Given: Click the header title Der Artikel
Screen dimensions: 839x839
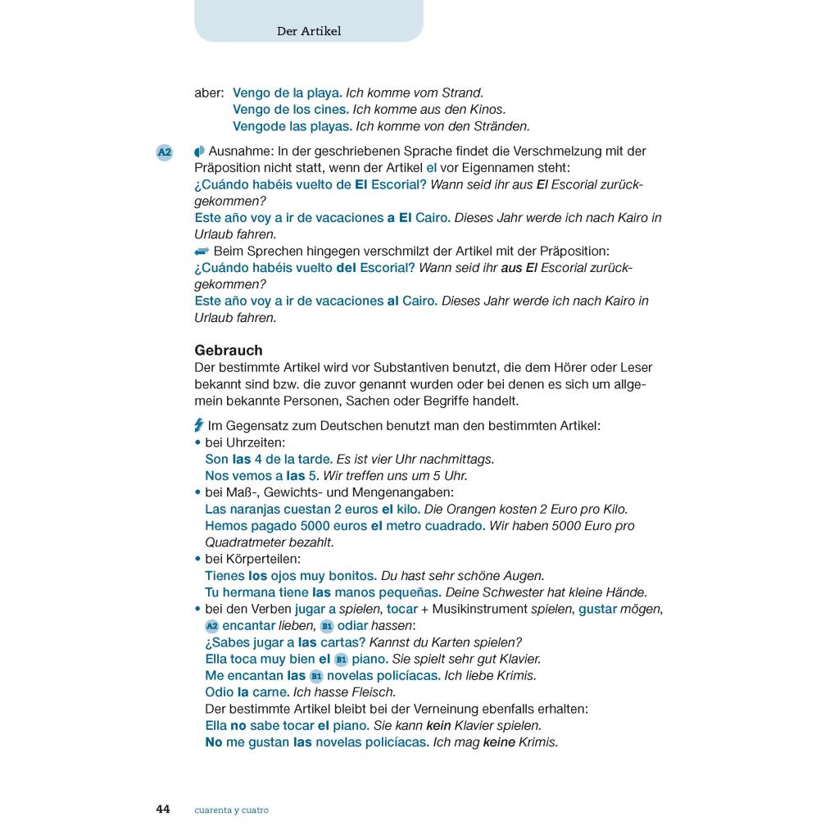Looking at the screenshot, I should pyautogui.click(x=309, y=31).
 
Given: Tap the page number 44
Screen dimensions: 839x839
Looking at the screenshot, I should pyautogui.click(x=163, y=810).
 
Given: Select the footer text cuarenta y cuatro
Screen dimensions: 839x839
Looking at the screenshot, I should pyautogui.click(x=231, y=810).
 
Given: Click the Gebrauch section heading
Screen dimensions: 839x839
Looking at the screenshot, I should pyautogui.click(x=229, y=350).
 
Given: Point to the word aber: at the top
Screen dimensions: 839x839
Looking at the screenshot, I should pyautogui.click(x=209, y=93).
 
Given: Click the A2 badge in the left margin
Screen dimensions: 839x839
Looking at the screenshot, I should pyautogui.click(x=165, y=152).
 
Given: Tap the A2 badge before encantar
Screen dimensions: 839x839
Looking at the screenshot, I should pyautogui.click(x=212, y=626).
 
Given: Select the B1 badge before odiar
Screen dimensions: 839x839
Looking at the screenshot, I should pyautogui.click(x=327, y=626).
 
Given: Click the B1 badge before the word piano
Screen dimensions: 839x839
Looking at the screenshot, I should pyautogui.click(x=342, y=660).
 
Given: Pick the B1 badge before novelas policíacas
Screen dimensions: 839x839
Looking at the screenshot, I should pyautogui.click(x=316, y=676).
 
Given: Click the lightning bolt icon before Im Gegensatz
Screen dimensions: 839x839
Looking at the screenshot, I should pyautogui.click(x=198, y=425).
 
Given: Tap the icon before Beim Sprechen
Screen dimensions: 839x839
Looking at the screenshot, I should pyautogui.click(x=202, y=251).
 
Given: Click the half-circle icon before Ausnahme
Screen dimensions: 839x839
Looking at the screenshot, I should pyautogui.click(x=199, y=152).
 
